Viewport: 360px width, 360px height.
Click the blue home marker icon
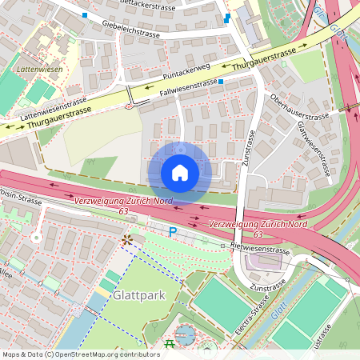pyautogui.click(x=180, y=173)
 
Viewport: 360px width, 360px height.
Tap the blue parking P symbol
pyautogui.click(x=172, y=232)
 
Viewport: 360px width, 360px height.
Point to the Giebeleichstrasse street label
pyautogui.click(x=132, y=30)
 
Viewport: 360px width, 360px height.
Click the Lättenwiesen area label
pyautogui.click(x=33, y=70)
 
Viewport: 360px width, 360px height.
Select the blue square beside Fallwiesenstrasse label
pyautogui.click(x=221, y=82)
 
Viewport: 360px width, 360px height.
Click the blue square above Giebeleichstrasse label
pyautogui.click(x=86, y=15)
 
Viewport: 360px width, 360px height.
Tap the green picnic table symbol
pyautogui.click(x=169, y=344)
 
